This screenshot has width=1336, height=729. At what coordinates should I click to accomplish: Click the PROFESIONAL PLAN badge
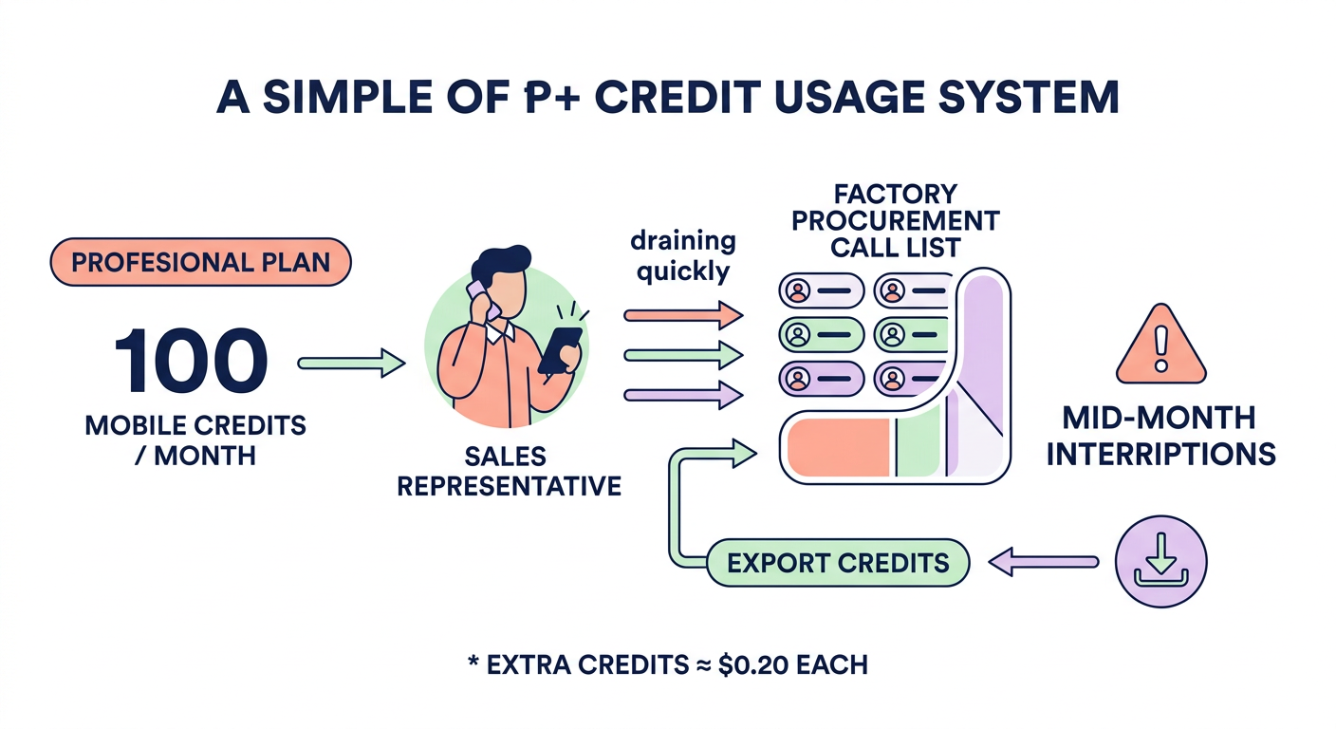[199, 261]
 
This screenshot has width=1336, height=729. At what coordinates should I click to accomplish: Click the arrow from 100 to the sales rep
[350, 362]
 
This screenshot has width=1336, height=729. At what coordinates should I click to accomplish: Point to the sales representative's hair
[500, 264]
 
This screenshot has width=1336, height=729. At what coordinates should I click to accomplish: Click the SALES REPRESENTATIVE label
[508, 472]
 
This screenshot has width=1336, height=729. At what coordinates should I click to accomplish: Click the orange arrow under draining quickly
[682, 312]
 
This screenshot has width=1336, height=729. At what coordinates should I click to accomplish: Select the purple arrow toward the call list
[682, 394]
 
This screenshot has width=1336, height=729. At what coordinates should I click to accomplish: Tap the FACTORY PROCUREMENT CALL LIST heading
[895, 221]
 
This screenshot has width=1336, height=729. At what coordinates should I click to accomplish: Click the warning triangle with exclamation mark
[1160, 346]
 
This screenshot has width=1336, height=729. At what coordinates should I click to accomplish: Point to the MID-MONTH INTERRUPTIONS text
[1160, 435]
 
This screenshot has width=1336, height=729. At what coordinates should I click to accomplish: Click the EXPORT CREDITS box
[838, 562]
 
